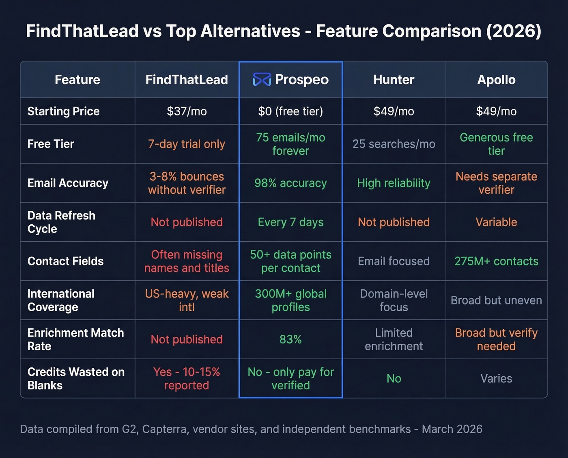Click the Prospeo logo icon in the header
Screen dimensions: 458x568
262,80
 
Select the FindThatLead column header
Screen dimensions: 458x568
187,80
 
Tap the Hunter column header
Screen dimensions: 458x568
394,80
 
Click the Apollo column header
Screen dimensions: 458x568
496,80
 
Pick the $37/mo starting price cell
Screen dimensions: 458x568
187,111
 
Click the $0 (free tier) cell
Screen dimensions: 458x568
290,111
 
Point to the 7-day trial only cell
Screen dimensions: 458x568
187,144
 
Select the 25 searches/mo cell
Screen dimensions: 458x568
394,144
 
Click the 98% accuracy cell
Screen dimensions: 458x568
290,183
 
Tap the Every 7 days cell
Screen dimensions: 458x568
290,222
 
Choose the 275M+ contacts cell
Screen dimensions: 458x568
496,261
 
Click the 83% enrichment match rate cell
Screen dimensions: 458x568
290,339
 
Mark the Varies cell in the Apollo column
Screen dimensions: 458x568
496,378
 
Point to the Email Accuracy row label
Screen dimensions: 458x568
68,183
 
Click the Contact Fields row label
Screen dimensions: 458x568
65,261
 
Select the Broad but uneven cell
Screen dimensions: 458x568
496,300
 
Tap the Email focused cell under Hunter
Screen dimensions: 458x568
394,261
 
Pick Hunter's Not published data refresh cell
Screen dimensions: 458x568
394,222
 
